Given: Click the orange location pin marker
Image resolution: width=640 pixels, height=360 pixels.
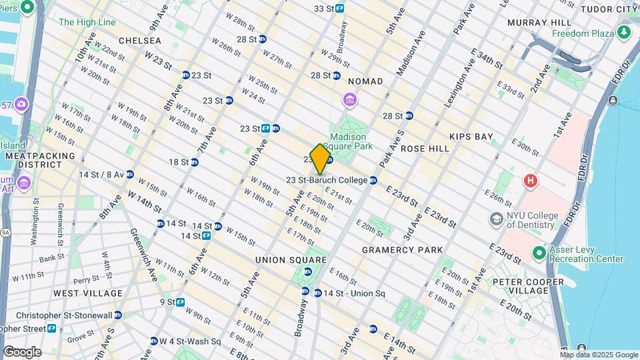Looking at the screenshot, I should click(320, 159).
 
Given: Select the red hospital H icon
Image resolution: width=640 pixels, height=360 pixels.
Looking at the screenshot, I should click(531, 180).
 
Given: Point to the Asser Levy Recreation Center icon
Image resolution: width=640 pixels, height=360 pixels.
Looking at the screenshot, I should click(539, 253).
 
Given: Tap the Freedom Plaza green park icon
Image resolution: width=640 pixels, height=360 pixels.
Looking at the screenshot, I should click(624, 31).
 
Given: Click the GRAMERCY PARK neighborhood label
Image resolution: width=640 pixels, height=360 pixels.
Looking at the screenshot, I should click(402, 250).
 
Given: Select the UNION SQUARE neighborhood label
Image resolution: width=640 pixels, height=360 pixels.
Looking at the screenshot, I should click(291, 260).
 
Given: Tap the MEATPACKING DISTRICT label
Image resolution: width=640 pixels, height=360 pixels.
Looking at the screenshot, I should click(33, 160).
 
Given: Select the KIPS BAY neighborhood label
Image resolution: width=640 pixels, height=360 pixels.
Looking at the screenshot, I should click(471, 137).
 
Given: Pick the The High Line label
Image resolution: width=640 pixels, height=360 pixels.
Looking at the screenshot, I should click(87, 22).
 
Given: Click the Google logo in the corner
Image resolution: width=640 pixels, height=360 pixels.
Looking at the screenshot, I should click(21, 351).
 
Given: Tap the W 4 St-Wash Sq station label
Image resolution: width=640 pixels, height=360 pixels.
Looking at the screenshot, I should click(189, 341).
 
